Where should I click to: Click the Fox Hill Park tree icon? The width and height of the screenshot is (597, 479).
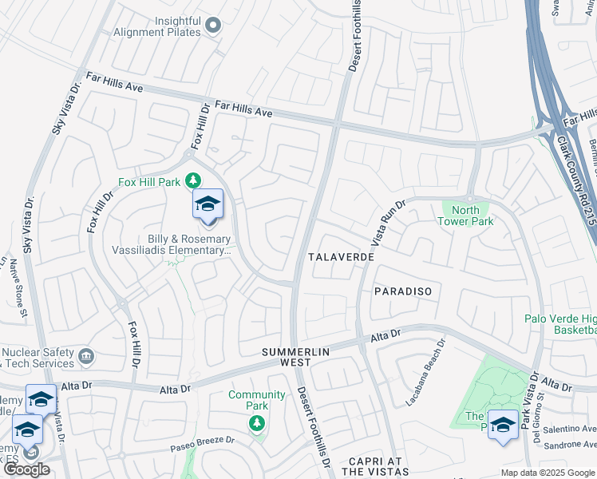tap(192, 181)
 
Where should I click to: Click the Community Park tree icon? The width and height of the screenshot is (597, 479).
tap(257, 423)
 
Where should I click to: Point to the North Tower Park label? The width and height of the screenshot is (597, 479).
tap(465, 216)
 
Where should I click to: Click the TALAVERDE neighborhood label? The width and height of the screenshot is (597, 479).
tap(341, 259)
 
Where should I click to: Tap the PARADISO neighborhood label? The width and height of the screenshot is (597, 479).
tap(403, 291)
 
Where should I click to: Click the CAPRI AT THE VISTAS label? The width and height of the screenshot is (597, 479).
tap(374, 467)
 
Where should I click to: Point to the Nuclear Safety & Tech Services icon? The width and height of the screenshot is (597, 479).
tap(86, 354)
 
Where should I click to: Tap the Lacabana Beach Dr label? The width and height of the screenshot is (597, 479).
tap(425, 373)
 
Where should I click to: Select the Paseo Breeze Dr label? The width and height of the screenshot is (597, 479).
tap(202, 444)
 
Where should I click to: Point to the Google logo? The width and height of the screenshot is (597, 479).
tap(27, 469)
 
